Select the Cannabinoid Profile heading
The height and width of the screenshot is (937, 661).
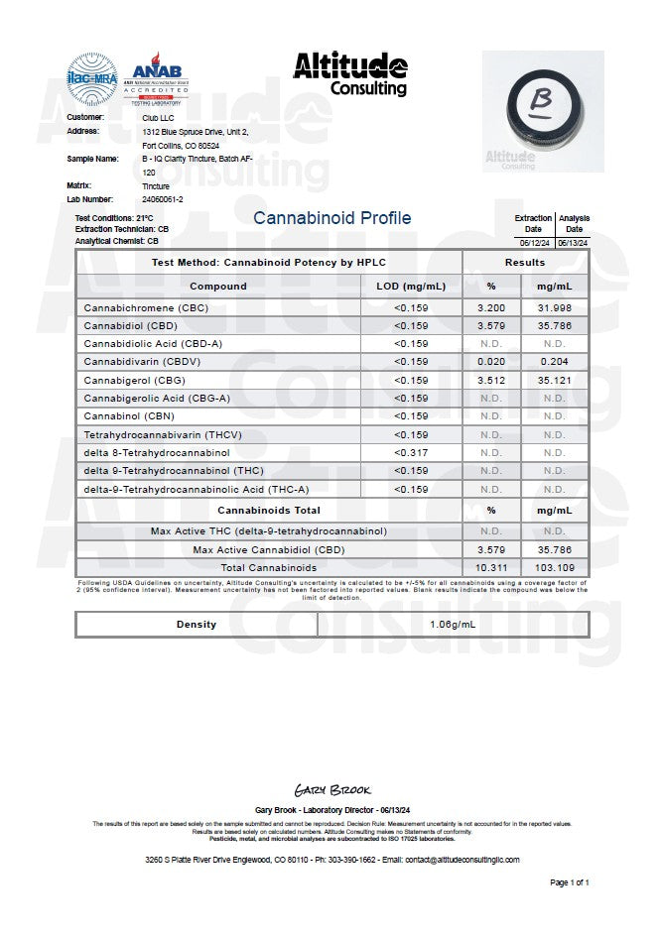click(x=331, y=218)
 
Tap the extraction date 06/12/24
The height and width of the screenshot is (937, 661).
click(x=534, y=241)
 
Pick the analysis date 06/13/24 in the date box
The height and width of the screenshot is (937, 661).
click(x=574, y=241)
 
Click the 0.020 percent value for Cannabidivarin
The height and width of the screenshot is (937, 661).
click(x=490, y=362)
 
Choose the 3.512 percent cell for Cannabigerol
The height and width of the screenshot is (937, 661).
click(x=490, y=380)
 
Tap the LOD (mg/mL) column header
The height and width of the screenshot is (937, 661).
click(x=411, y=287)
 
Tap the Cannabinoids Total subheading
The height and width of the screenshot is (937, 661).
click(x=268, y=511)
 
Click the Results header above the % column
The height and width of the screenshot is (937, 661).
click(x=524, y=263)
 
